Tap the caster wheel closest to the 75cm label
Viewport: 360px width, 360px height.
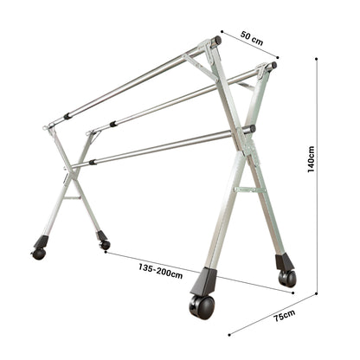pos(286,277)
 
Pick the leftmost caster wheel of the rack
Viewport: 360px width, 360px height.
pos(38,254)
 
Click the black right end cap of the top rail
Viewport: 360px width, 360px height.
pos(218,40)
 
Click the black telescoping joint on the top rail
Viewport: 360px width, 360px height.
pos(67,115)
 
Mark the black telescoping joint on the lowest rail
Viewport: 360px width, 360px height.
pos(92,161)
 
